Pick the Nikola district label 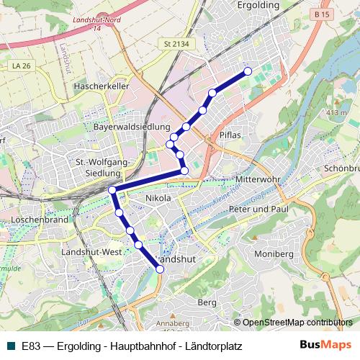(x=158, y=198)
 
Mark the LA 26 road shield (x=19, y=66)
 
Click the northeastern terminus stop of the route (x=248, y=71)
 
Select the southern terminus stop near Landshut (x=160, y=269)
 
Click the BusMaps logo (x=325, y=346)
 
